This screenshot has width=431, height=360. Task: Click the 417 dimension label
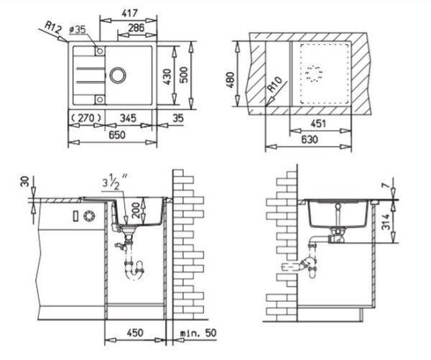(129, 13)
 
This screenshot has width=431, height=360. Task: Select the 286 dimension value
(136, 27)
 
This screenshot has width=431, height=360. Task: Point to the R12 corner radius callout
(52, 27)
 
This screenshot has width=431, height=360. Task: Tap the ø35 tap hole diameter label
(78, 29)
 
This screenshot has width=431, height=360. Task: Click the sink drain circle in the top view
(118, 75)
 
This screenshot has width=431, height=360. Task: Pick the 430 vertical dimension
(167, 77)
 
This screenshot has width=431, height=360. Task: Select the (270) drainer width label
(86, 118)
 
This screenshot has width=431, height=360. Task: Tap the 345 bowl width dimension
(128, 118)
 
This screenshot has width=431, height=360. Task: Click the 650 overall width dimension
(117, 135)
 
